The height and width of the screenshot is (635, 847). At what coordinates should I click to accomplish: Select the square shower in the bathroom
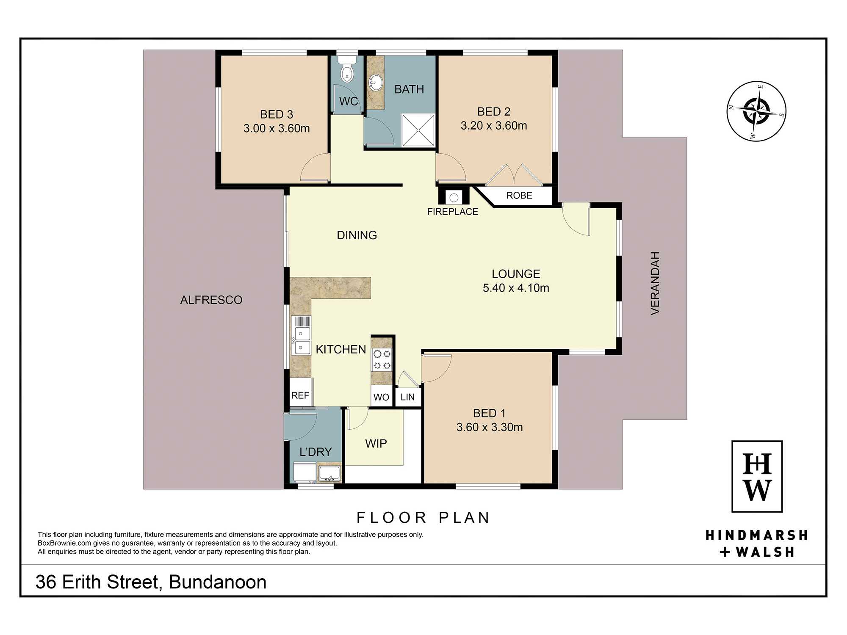coord(418,130)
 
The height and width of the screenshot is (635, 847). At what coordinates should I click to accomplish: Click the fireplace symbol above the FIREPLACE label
coord(454,197)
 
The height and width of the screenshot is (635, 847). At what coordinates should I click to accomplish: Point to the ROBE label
coord(519,196)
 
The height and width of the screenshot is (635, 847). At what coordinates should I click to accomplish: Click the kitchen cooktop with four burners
coord(382,360)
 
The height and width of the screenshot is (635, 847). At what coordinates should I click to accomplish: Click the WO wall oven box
coord(382,397)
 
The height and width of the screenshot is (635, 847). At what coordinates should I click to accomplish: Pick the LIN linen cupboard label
coord(407,397)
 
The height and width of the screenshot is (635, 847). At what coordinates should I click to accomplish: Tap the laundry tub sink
coord(329,473)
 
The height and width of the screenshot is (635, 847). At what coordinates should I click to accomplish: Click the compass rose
coord(756,111)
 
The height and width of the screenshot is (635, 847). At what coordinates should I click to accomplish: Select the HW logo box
coord(757,476)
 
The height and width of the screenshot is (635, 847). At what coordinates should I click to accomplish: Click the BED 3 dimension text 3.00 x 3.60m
coord(277,128)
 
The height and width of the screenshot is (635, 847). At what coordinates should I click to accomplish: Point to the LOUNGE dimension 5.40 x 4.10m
coord(516,288)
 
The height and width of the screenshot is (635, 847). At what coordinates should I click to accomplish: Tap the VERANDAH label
coord(655,283)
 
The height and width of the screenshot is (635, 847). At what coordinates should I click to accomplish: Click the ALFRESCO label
coord(211,300)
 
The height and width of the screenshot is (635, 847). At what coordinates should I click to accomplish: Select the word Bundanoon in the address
coord(218,582)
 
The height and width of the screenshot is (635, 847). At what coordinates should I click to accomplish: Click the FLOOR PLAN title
coord(423,517)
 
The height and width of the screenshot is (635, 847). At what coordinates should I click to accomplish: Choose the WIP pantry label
coord(376,444)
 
